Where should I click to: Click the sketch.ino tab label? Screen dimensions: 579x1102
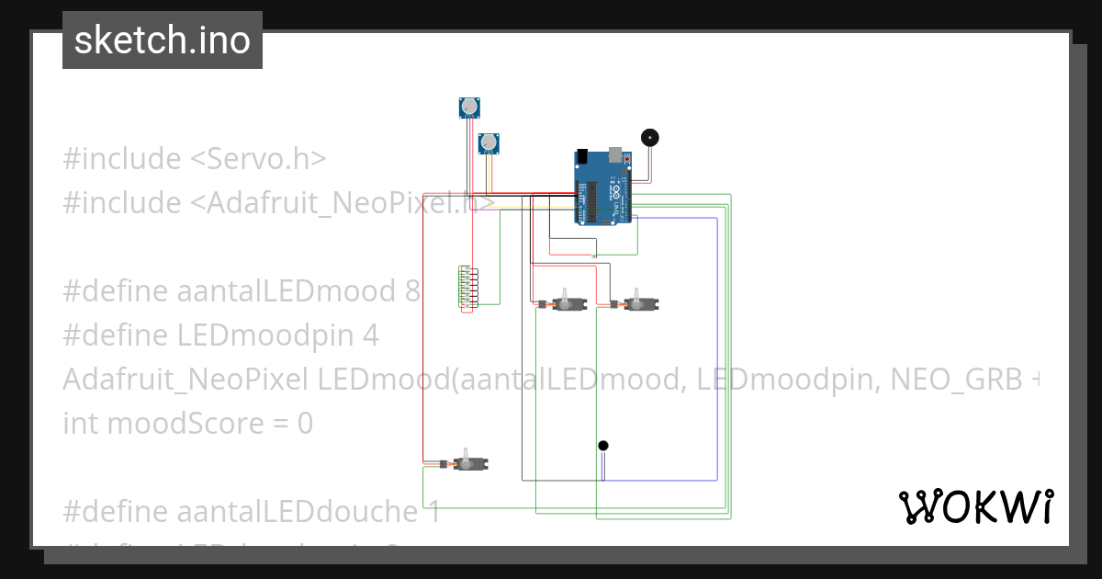(x=163, y=40)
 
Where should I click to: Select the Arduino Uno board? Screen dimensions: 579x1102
(x=603, y=188)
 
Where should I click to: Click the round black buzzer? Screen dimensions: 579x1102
(x=650, y=138)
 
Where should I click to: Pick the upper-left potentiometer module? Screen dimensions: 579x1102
(x=471, y=108)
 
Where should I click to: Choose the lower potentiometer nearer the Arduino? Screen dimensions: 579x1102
(x=489, y=142)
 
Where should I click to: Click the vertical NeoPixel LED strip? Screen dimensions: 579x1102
(x=467, y=289)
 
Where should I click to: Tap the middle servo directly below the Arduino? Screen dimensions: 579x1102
(x=568, y=303)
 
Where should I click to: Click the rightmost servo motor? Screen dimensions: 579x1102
(x=640, y=303)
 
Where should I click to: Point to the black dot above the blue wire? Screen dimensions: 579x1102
(x=603, y=446)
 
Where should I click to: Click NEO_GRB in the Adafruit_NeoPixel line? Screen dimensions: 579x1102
(x=947, y=380)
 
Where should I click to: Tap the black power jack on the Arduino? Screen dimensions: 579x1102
(x=583, y=154)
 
